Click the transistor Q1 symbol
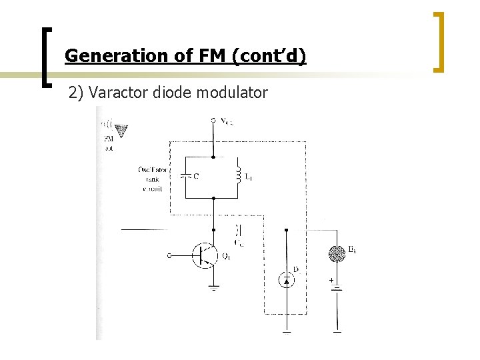click(205, 255)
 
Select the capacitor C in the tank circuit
click(185, 176)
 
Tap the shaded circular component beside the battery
click(337, 253)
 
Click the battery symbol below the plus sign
click(337, 288)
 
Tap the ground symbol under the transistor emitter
click(213, 289)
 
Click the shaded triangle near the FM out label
click(121, 130)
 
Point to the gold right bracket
click(439, 41)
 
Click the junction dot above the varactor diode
click(287, 230)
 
